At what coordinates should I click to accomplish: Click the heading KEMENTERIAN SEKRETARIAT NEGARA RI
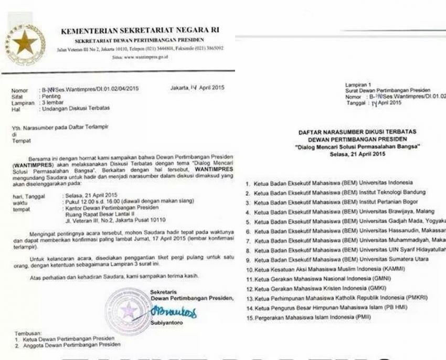[x=140, y=30]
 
